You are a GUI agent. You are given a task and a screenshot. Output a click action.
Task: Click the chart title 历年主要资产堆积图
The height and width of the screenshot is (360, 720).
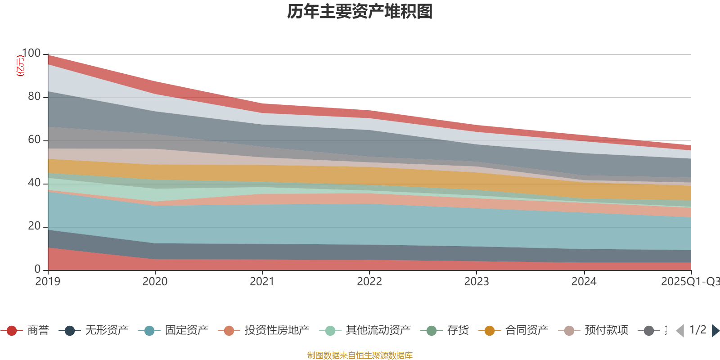coord(360,11)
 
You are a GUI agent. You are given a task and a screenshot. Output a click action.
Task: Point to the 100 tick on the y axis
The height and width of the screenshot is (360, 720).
coord(31,54)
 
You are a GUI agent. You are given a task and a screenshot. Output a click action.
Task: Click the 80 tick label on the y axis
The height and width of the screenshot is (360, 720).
coord(34,96)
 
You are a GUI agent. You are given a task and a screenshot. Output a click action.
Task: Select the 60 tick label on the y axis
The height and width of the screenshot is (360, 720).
coord(34,139)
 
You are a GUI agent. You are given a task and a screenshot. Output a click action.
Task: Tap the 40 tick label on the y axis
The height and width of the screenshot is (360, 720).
coord(34,183)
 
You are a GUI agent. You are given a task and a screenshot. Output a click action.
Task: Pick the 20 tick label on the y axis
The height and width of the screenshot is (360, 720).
coord(34,226)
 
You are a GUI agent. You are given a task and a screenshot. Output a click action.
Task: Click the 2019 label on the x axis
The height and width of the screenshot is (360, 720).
coord(48,281)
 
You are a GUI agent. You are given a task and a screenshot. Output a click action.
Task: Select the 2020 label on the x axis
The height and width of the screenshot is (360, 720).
coord(155,281)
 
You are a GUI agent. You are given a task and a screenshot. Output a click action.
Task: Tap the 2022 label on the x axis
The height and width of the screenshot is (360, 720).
coord(369,281)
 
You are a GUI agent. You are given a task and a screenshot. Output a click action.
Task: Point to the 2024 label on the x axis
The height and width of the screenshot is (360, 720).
coord(584,281)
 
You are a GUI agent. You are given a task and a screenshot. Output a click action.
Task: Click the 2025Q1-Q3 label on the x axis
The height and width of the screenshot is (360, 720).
coord(690,281)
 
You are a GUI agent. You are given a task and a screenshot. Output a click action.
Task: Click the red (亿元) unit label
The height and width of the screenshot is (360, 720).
coord(20,66)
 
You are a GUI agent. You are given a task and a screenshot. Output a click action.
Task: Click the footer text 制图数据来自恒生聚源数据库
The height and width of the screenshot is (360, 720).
coord(360,355)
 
